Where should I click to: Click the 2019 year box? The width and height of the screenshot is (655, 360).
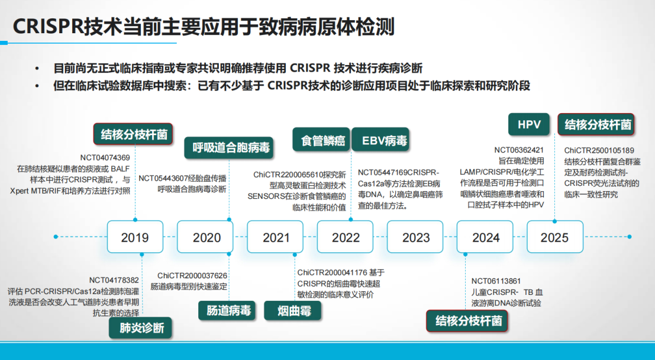point(135,237)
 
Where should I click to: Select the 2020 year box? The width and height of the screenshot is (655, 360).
point(205,237)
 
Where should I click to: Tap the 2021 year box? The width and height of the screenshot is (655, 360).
point(275,237)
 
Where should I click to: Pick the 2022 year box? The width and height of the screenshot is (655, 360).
point(345,237)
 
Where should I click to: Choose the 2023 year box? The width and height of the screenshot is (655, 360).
point(415,237)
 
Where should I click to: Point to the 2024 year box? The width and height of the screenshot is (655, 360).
point(485,237)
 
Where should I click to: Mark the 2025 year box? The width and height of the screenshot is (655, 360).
point(555,237)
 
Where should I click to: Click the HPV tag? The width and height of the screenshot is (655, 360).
point(529,124)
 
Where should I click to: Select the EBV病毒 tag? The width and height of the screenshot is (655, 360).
point(380,140)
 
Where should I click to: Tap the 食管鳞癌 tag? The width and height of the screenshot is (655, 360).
point(321,140)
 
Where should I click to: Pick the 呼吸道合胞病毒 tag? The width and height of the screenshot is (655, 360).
point(229,147)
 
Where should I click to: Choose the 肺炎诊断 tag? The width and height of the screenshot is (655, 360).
point(140,328)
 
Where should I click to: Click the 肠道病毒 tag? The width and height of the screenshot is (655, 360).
point(227,310)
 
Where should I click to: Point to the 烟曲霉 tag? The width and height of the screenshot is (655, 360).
point(293,310)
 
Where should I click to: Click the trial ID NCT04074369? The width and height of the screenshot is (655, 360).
point(105,157)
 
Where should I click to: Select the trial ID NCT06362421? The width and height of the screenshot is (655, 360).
point(519,150)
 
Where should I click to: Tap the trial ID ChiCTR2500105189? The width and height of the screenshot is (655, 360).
point(599,150)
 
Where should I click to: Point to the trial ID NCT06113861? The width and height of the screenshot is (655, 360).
point(496,281)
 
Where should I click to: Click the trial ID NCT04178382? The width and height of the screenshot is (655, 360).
point(114,280)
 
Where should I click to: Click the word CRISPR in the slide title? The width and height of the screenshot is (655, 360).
point(49,27)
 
